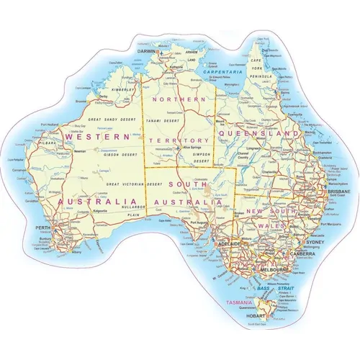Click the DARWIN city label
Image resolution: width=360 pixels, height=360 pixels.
pos(149,52)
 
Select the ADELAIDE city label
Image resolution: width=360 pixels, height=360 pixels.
pos(229,244)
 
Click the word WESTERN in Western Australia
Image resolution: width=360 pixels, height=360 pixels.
pos(98,135)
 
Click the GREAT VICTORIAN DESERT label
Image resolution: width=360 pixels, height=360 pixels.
pos(132,184)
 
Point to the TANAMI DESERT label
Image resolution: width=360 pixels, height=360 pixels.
pos(161,120)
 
